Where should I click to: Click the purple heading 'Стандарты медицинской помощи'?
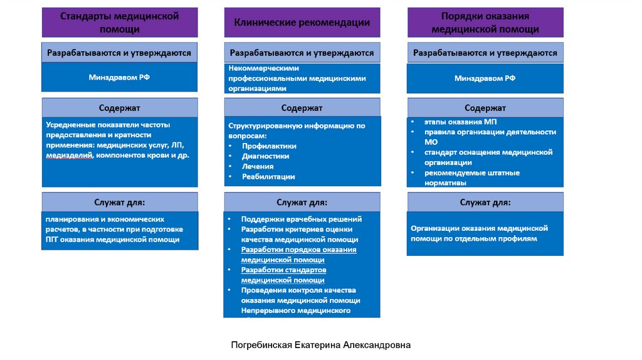coord(119,22)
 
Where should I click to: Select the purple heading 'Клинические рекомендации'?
coord(302,23)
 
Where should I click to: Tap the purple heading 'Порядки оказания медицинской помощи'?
coord(485,23)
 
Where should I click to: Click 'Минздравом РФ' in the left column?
coord(119,77)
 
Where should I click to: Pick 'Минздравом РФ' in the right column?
coord(485,78)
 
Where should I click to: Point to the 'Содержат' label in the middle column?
coord(302,108)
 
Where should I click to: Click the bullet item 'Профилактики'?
coord(269,146)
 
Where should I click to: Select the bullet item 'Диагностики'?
coord(265,156)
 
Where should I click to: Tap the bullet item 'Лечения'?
coord(258,166)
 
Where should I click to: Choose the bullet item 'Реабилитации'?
coord(268,177)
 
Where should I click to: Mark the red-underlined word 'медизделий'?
coord(70,155)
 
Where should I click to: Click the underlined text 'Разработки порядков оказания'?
coord(298,250)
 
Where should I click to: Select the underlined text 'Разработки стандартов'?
coord(283,270)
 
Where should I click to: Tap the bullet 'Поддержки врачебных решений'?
coord(301,220)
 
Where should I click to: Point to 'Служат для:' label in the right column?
coord(485,203)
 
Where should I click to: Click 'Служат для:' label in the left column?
coord(119,203)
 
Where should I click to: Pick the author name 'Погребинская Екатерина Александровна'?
coord(320,345)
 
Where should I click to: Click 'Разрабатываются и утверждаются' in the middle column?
coord(302,53)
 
